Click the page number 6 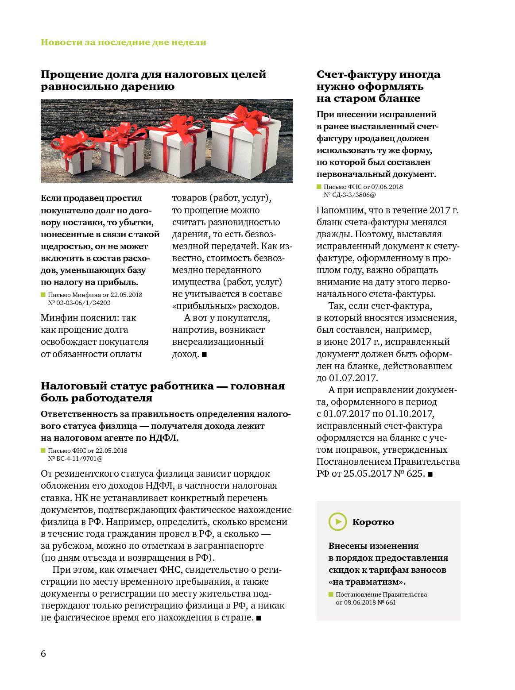click(x=43, y=654)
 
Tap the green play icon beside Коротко click(x=337, y=521)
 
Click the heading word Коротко click(x=373, y=522)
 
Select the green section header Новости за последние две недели click(x=123, y=42)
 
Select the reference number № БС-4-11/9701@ click(x=75, y=459)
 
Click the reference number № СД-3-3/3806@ click(x=349, y=195)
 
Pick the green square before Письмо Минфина click(x=43, y=295)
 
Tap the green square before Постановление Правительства click(x=331, y=594)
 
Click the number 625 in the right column click(x=415, y=474)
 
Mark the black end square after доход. click(x=204, y=355)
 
